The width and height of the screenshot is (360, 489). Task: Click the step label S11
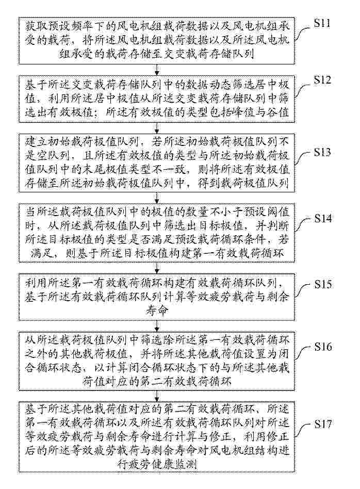pos(329,24)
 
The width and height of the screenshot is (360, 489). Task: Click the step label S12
pos(329,81)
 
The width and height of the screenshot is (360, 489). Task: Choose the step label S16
pos(329,346)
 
